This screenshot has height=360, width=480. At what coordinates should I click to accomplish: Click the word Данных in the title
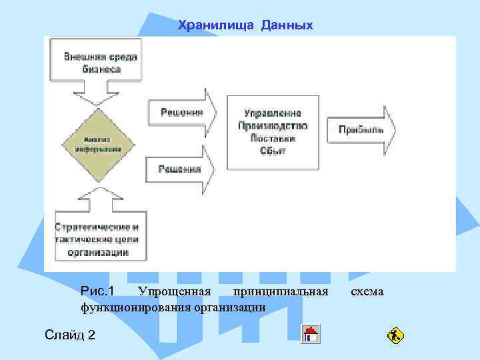287,25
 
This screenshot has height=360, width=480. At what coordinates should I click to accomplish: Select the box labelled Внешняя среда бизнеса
101,62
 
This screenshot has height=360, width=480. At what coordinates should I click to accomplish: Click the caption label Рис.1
97,291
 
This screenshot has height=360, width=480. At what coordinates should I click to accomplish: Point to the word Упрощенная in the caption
173,291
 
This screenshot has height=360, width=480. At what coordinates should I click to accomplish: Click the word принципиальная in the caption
281,291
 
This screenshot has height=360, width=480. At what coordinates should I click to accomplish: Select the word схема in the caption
367,291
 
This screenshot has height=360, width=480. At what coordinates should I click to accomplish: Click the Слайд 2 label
69,334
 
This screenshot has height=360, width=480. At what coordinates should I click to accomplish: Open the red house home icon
311,333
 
